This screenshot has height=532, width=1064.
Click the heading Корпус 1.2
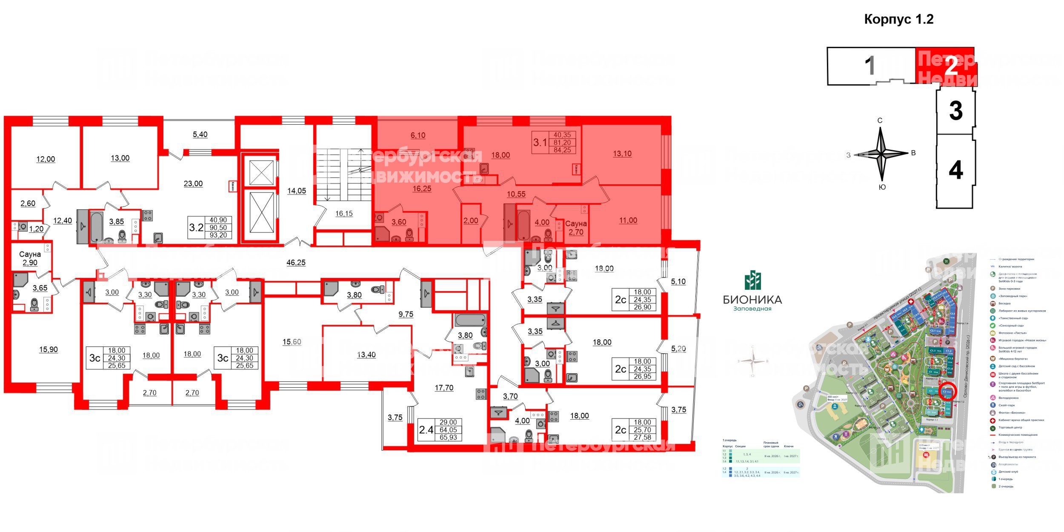[898, 20]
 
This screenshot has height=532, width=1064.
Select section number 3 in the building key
[955, 111]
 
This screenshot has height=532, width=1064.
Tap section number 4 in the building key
[955, 171]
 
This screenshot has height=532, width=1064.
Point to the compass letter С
[880, 120]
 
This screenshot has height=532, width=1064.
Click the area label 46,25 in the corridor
[296, 263]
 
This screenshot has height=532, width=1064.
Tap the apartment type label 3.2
[196, 227]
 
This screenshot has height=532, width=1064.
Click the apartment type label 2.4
[426, 430]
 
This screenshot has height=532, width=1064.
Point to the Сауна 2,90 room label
[30, 258]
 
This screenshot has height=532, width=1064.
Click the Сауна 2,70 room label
[576, 228]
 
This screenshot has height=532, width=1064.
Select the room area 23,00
[193, 184]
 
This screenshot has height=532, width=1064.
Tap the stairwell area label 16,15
[344, 214]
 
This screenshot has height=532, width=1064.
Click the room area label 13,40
[366, 355]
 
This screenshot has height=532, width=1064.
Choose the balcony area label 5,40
[200, 134]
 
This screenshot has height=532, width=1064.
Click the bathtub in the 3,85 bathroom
[97, 227]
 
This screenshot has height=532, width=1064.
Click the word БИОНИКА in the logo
[752, 300]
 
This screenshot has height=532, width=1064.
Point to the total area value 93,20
[218, 235]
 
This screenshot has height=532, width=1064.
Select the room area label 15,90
[49, 349]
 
